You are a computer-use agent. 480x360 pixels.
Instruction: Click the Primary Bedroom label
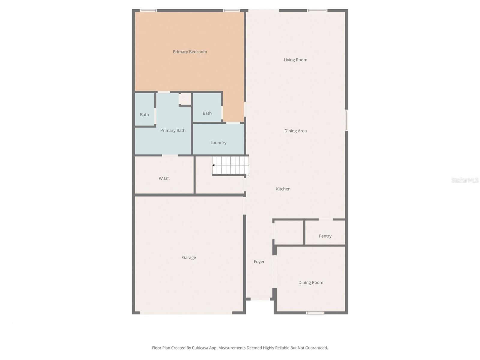190,52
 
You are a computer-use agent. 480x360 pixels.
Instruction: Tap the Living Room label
295,60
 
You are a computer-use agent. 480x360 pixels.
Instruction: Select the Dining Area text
295,131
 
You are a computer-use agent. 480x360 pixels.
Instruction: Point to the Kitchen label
283,189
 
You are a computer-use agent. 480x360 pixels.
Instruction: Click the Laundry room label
218,143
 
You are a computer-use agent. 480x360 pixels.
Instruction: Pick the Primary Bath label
173,130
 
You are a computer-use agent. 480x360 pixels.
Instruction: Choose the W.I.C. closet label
164,178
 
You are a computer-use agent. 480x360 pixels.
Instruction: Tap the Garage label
189,258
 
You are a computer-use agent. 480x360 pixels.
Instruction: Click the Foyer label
259,262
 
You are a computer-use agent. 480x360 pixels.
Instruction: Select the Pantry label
325,236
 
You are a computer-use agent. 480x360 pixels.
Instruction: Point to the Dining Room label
311,283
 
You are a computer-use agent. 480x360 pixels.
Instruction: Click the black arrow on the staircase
213,165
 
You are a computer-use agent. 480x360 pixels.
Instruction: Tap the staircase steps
231,165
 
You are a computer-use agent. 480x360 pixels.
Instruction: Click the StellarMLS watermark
465,180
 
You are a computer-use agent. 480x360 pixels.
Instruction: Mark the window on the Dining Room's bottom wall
315,313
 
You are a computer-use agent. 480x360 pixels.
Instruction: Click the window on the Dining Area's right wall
346,120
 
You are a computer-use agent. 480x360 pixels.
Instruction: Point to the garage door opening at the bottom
186,313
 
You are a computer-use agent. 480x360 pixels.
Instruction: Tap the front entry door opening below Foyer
260,299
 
